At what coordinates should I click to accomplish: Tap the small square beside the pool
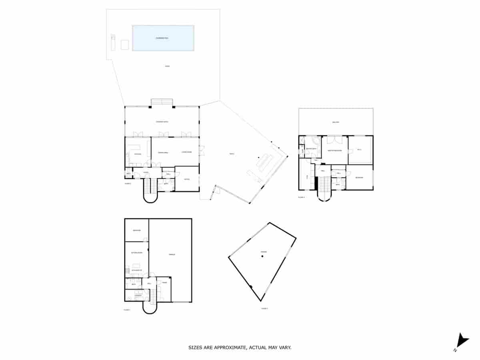point(125,45)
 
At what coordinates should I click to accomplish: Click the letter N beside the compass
point(455,350)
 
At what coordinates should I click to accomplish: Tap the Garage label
point(172,254)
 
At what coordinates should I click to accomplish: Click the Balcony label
point(336,122)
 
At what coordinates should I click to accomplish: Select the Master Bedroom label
point(334,150)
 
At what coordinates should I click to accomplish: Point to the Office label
point(187,179)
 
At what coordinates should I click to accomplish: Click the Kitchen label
point(138,154)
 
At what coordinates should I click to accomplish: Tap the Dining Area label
point(163,152)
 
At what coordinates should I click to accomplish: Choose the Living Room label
point(186,152)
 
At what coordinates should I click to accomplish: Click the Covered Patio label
point(162,122)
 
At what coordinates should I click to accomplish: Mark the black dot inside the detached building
point(262,256)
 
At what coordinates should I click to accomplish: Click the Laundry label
point(138,296)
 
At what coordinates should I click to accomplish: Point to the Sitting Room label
point(137,253)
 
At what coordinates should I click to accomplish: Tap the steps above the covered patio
point(162,102)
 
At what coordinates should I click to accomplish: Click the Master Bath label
point(311,149)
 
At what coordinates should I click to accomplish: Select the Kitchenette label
point(137,271)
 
